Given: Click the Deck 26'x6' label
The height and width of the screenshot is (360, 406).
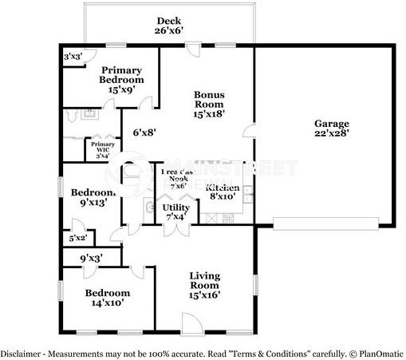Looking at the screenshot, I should pyautogui.click(x=169, y=26).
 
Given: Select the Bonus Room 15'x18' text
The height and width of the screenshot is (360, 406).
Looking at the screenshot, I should pyautogui.click(x=208, y=104).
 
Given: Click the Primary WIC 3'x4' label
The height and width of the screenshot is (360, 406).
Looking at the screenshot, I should pyautogui.click(x=102, y=149).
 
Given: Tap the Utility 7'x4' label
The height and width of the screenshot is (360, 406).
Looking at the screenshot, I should pyautogui.click(x=175, y=212).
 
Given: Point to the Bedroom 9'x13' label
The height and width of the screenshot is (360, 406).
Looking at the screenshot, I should pyautogui.click(x=93, y=197).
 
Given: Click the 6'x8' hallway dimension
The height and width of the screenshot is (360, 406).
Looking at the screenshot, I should pyautogui.click(x=143, y=133).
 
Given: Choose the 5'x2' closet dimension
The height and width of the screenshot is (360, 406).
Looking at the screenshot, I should pyautogui.click(x=78, y=238).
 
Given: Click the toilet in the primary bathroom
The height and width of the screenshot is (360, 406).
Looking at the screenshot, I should pyautogui.click(x=73, y=116).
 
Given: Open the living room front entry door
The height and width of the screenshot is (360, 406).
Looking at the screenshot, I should pyautogui.click(x=192, y=323).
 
